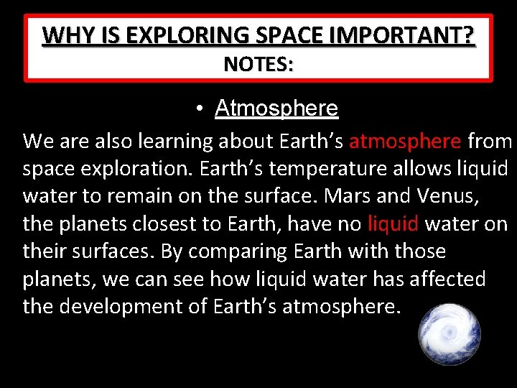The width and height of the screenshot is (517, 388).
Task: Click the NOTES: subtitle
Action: click(x=258, y=65)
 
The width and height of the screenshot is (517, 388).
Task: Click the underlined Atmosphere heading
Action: click(x=276, y=108)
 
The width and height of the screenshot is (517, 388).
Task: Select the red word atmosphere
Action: click(x=404, y=142)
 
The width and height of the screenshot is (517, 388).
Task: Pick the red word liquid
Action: click(x=393, y=224)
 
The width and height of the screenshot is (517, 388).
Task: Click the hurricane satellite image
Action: click(x=450, y=333)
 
